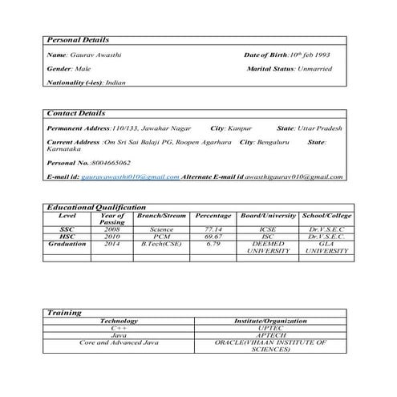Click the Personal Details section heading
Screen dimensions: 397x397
point(78,39)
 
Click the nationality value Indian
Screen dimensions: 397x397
point(111,82)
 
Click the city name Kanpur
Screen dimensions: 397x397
point(241,128)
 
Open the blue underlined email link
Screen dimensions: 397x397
point(131,176)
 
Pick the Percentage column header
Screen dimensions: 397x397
point(213,216)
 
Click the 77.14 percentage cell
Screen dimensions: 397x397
point(213,229)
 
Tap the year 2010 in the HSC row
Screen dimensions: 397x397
point(111,237)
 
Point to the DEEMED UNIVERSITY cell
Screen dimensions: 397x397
point(268,247)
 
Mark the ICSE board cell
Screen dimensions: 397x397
point(268,229)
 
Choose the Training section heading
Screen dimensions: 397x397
point(64,312)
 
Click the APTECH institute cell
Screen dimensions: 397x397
point(270,335)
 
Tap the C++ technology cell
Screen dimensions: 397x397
point(119,328)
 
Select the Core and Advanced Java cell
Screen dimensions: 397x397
point(119,342)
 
